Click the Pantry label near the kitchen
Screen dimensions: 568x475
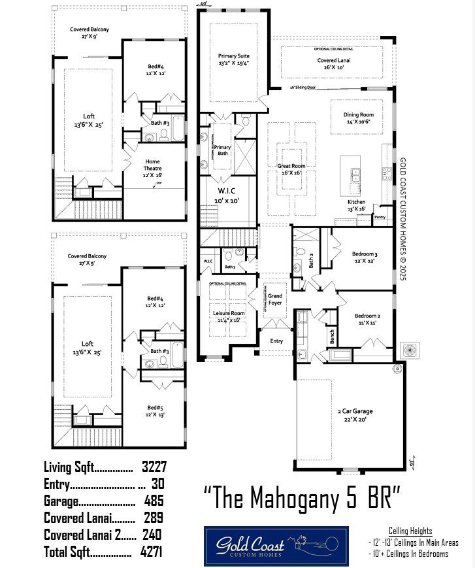point(380,216)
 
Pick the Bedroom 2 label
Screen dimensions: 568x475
point(367,319)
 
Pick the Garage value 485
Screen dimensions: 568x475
point(154,501)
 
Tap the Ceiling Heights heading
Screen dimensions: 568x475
point(410,531)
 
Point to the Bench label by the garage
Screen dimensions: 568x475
point(333,337)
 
